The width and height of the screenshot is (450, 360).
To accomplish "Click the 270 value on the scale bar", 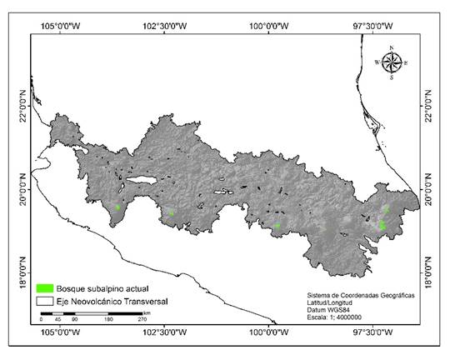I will pyautogui.click(x=142, y=319).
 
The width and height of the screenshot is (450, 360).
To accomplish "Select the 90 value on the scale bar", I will pyautogui.click(x=75, y=319).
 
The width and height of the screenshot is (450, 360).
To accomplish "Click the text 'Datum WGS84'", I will pyautogui.click(x=328, y=309).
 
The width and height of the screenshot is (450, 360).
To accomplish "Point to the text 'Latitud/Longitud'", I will pyautogui.click(x=334, y=302).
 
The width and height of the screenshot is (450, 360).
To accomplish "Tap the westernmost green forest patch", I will pyautogui.click(x=118, y=207).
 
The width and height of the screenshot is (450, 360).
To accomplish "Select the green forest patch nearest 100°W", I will pyautogui.click(x=277, y=225).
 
